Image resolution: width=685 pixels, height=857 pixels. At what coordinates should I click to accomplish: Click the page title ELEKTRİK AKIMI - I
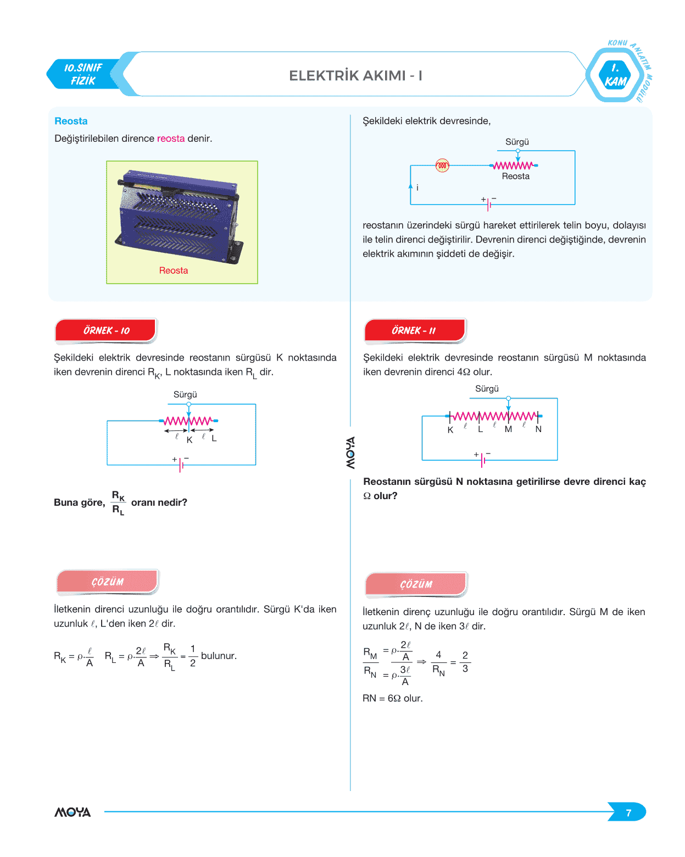pyautogui.click(x=355, y=75)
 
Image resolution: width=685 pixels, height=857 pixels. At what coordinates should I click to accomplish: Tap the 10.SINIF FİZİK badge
pyautogui.click(x=83, y=74)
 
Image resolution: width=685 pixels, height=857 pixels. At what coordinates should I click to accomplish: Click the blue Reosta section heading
pyautogui.click(x=71, y=121)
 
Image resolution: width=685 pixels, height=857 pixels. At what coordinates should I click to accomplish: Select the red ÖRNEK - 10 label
pyautogui.click(x=106, y=330)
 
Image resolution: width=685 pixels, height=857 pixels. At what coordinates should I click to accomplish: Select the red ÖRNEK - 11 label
pyautogui.click(x=414, y=330)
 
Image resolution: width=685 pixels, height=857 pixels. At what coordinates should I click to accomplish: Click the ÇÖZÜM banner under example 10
pyautogui.click(x=108, y=582)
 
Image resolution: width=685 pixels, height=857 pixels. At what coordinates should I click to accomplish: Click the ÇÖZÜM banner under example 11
pyautogui.click(x=416, y=584)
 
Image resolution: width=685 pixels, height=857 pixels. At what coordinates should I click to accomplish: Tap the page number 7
pyautogui.click(x=628, y=812)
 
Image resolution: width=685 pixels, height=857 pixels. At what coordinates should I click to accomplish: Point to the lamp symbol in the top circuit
pyautogui.click(x=442, y=165)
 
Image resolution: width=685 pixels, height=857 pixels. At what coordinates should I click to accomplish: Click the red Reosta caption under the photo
pyautogui.click(x=174, y=270)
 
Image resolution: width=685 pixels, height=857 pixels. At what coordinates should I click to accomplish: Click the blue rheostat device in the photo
pyautogui.click(x=179, y=214)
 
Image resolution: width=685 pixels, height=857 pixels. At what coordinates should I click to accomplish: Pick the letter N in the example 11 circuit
pyautogui.click(x=538, y=429)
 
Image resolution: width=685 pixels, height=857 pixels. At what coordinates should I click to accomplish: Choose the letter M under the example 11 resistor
pyautogui.click(x=508, y=429)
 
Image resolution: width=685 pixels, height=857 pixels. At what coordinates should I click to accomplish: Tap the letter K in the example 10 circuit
pyautogui.click(x=190, y=440)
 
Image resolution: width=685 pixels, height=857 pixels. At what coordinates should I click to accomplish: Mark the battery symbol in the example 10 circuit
pyautogui.click(x=181, y=465)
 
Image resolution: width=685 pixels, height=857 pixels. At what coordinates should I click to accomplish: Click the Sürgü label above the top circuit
pyautogui.click(x=517, y=142)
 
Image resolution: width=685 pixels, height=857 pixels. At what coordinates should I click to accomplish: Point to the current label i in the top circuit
pyautogui.click(x=417, y=188)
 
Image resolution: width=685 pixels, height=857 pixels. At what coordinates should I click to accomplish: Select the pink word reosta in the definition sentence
pyautogui.click(x=171, y=139)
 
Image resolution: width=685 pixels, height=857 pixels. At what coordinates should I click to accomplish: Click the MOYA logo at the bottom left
pyautogui.click(x=73, y=812)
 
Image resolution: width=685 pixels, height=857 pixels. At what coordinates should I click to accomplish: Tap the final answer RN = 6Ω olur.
pyautogui.click(x=392, y=698)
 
